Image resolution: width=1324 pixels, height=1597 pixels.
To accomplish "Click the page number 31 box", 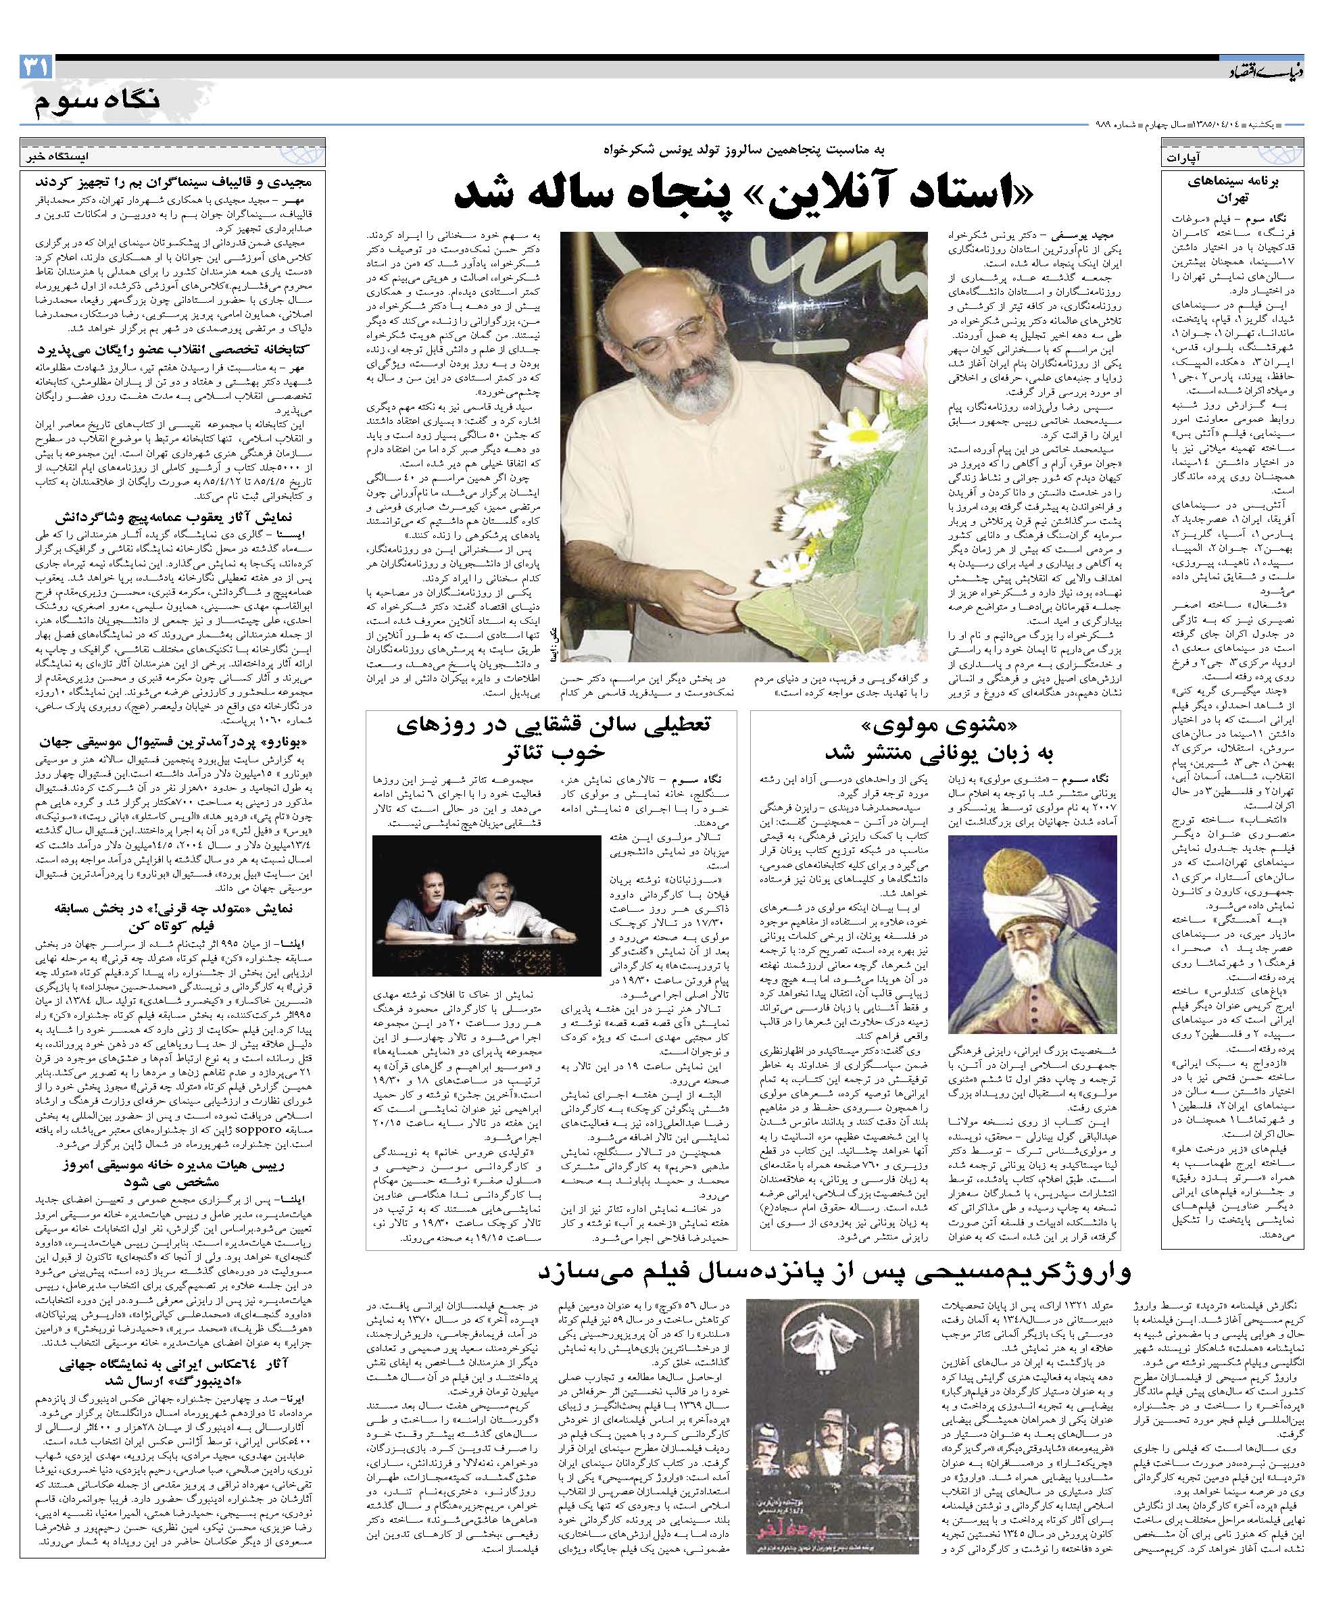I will coord(36,68).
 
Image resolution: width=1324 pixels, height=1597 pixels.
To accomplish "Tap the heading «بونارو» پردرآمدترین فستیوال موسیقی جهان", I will coord(176,740).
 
